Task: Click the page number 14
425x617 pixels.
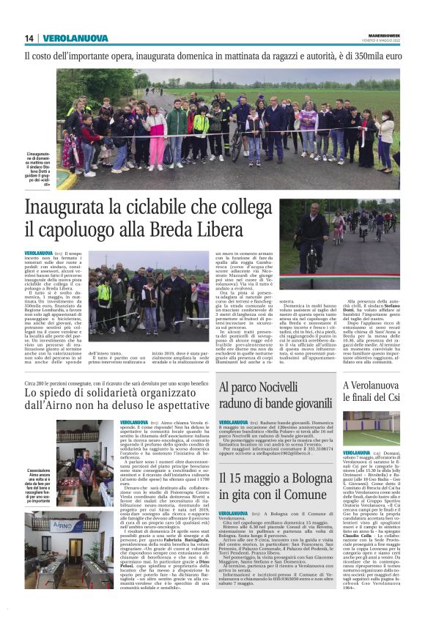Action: (x=29, y=39)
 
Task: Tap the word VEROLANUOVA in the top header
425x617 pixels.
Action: (x=75, y=39)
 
